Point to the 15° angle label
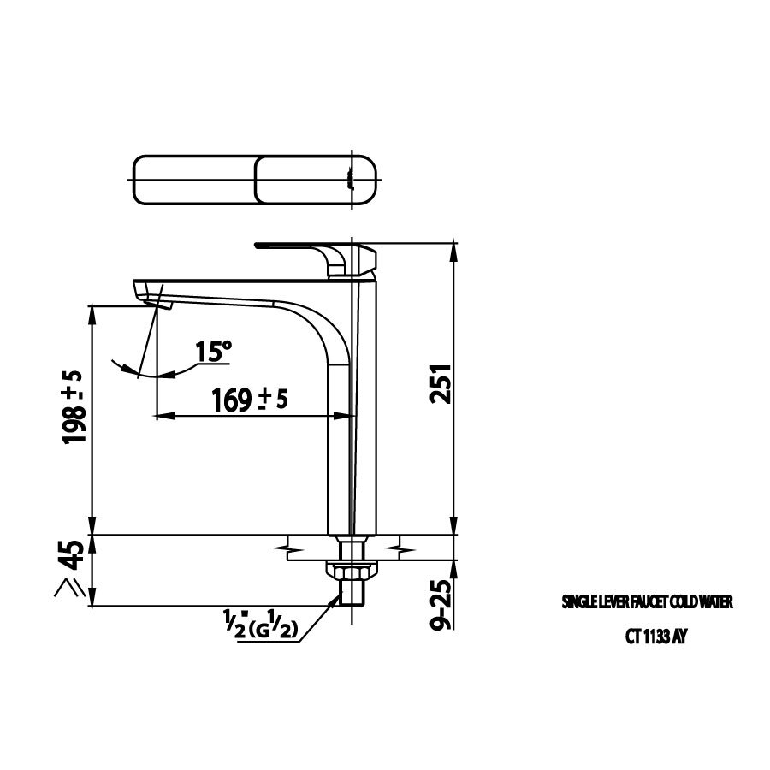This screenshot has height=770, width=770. click(213, 352)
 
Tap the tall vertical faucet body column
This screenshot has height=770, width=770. click(352, 428)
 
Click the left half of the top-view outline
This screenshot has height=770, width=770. click(195, 181)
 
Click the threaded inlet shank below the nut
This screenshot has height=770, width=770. click(352, 591)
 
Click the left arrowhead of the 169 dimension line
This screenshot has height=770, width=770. click(158, 416)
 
